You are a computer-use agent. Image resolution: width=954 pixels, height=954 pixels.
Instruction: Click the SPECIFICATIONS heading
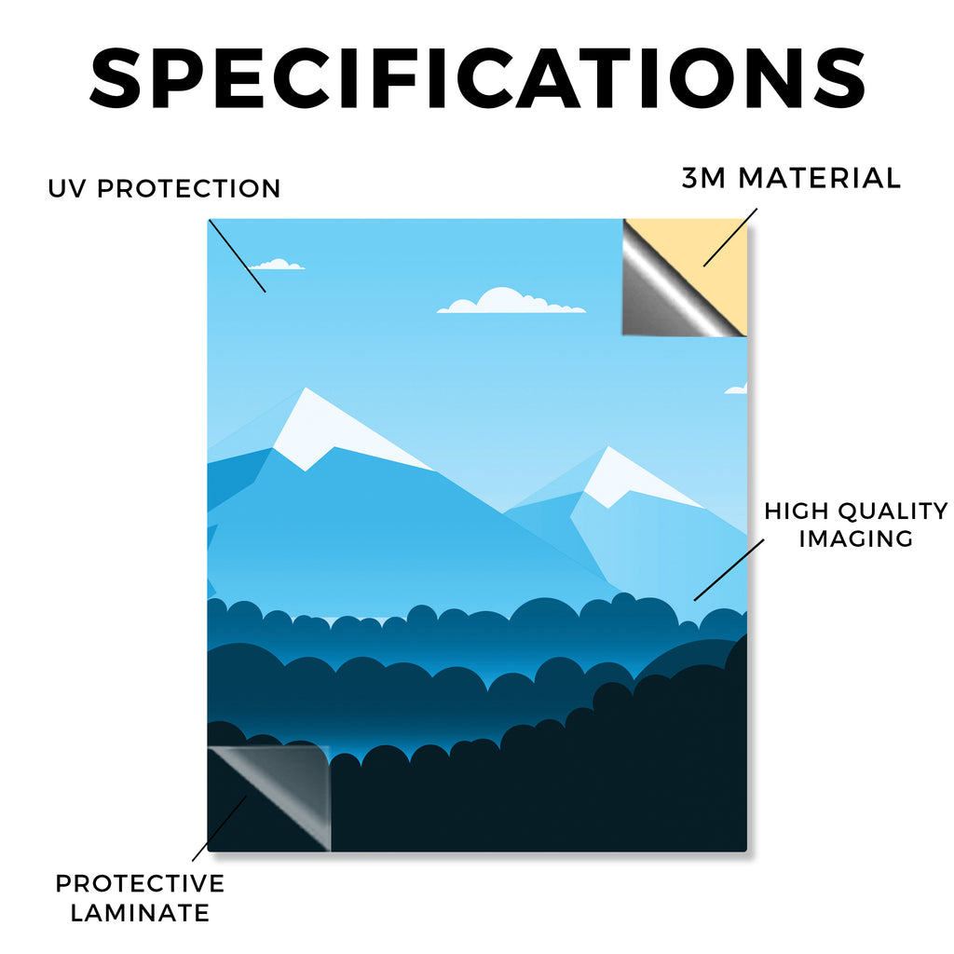point(478,79)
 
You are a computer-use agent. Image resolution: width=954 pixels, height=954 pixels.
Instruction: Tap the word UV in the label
point(67,188)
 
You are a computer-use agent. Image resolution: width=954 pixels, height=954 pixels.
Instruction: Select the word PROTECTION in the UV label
point(188,188)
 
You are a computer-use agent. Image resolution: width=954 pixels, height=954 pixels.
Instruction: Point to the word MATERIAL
point(819,178)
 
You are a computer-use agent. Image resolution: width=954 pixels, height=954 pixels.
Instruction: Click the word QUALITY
point(893,511)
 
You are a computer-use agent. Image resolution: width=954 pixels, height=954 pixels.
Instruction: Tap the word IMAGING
point(856,538)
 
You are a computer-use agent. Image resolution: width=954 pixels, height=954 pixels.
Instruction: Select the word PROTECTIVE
point(140,883)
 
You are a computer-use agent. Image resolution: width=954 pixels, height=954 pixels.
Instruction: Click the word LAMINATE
point(140,913)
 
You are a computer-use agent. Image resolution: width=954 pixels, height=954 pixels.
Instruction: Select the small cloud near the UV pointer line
point(277,266)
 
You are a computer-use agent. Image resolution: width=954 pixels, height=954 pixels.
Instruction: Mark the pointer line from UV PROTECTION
point(238,256)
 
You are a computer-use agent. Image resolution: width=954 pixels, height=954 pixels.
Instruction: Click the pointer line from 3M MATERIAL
point(730,238)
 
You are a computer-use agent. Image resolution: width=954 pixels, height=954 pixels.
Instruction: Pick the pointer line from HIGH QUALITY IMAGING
point(729,570)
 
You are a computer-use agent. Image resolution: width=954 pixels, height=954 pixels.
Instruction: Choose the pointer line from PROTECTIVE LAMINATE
point(220,828)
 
